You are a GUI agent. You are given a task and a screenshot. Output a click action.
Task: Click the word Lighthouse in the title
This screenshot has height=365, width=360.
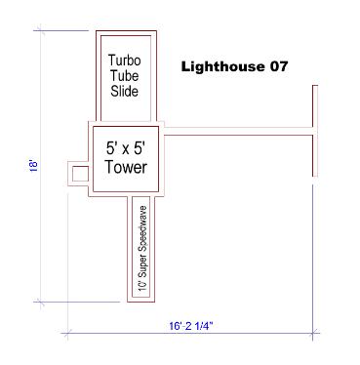pyautogui.click(x=222, y=66)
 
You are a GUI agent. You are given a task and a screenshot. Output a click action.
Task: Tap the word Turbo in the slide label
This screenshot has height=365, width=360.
pyautogui.click(x=125, y=61)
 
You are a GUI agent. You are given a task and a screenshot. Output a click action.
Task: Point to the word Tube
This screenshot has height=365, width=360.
pyautogui.click(x=124, y=76)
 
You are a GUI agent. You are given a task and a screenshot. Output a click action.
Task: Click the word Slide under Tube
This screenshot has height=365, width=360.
pyautogui.click(x=124, y=91)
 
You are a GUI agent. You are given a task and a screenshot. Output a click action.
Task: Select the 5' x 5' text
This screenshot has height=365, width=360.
pyautogui.click(x=126, y=148)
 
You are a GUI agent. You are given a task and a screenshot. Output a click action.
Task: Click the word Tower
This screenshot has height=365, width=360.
pyautogui.click(x=126, y=167)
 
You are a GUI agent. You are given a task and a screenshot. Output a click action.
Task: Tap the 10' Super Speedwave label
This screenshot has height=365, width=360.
pyautogui.click(x=142, y=248)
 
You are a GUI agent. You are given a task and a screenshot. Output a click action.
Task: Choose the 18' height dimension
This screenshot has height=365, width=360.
pyautogui.click(x=34, y=165)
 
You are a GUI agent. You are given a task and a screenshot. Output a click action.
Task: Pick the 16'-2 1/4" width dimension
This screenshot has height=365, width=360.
pyautogui.click(x=191, y=326)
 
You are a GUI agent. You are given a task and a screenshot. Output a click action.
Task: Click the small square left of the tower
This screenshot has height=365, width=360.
pyautogui.click(x=80, y=174)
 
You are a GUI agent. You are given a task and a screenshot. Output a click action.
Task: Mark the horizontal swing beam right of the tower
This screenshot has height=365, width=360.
pyautogui.click(x=238, y=131)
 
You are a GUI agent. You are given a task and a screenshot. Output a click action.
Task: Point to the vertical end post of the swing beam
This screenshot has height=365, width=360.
pyautogui.click(x=315, y=131)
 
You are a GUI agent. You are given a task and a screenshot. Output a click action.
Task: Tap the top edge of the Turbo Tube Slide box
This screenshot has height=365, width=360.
pyautogui.click(x=126, y=31)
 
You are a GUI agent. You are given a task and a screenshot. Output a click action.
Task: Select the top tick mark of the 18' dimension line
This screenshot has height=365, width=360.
pyautogui.click(x=40, y=31)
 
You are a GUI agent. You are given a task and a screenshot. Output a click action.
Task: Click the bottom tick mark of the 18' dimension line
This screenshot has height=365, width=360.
pyautogui.click(x=40, y=303)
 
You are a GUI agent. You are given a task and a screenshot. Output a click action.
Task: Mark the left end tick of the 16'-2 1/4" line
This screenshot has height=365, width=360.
pyautogui.click(x=67, y=333)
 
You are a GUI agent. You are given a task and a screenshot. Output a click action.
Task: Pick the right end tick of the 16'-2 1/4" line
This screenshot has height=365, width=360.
pyautogui.click(x=313, y=333)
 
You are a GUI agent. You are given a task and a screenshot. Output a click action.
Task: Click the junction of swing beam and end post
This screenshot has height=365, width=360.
pyautogui.click(x=315, y=131)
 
